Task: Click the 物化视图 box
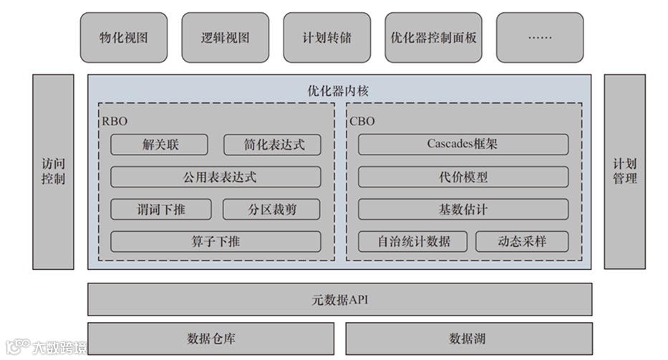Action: (x=124, y=37)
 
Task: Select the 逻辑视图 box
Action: (x=226, y=37)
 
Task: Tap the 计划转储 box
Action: (x=327, y=37)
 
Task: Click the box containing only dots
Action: (x=540, y=37)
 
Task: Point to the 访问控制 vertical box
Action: (x=53, y=172)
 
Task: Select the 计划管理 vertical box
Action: (x=624, y=172)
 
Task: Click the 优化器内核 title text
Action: (x=339, y=91)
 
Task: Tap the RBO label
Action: (x=115, y=121)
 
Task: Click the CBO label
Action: (x=362, y=121)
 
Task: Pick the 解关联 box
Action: (x=159, y=145)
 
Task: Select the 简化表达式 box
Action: (x=272, y=145)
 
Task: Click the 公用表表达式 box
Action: (x=216, y=177)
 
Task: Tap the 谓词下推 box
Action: (x=161, y=209)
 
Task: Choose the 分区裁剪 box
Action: (x=272, y=209)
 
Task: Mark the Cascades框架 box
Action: (x=463, y=144)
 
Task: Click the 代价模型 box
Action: (x=463, y=177)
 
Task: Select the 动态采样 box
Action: (x=522, y=241)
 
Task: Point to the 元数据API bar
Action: (x=339, y=299)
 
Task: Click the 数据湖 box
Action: (x=468, y=338)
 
